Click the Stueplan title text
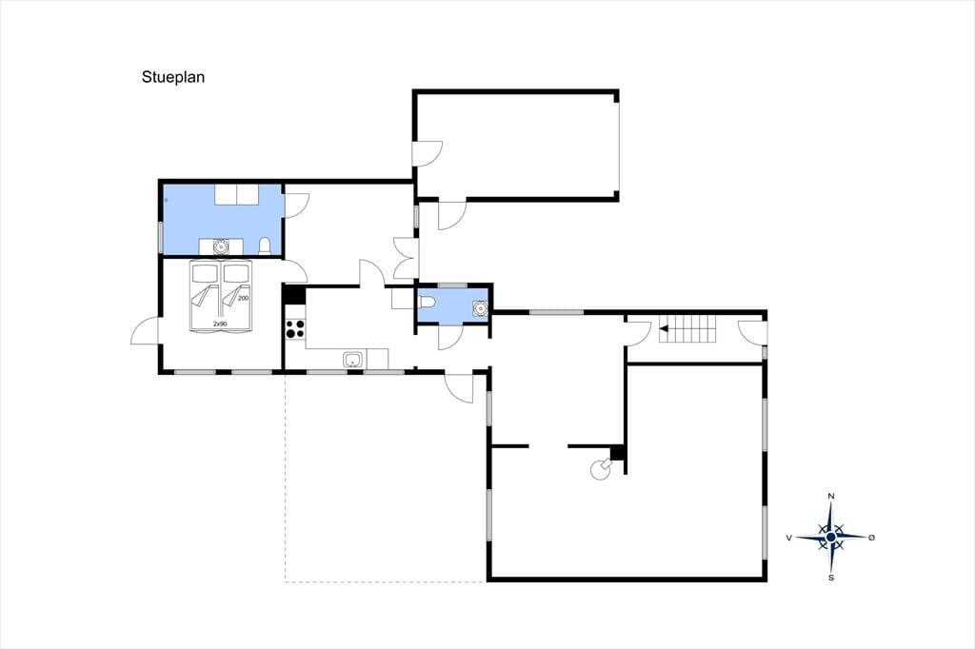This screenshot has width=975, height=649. click(x=173, y=78)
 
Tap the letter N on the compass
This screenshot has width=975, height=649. click(x=830, y=496)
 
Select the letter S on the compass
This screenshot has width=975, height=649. click(x=830, y=578)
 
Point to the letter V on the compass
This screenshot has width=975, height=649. click(x=789, y=538)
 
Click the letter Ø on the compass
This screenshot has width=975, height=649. click(x=871, y=537)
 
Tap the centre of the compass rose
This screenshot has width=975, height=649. click(x=830, y=537)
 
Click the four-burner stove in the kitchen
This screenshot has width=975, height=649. click(x=295, y=329)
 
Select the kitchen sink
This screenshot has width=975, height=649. click(x=353, y=360)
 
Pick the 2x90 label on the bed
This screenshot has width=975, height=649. click(x=220, y=324)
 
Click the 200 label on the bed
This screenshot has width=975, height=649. click(x=243, y=299)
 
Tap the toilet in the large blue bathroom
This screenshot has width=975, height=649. click(x=265, y=246)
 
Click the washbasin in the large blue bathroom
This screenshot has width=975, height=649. click(x=220, y=246)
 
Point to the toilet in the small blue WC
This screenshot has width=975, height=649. click(x=427, y=302)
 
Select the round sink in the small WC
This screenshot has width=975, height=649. click(x=480, y=307)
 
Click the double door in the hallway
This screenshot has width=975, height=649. click(x=406, y=258)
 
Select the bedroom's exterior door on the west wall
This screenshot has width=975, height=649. click(x=145, y=331)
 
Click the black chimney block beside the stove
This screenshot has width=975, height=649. click(x=617, y=453)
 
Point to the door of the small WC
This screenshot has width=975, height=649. click(x=450, y=337)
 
